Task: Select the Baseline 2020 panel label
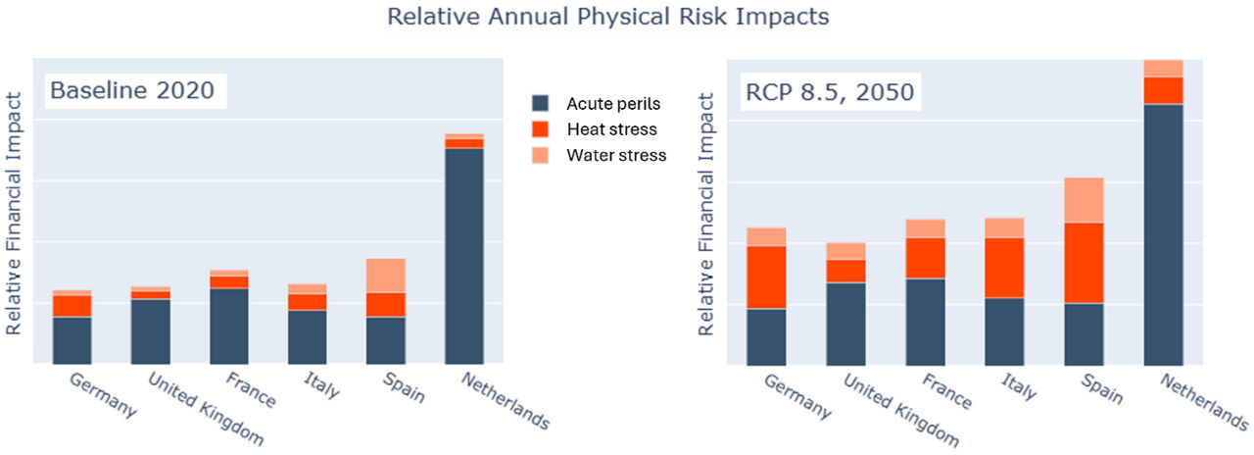[137, 92]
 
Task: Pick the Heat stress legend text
[611, 129]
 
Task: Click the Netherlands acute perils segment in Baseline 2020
[463, 255]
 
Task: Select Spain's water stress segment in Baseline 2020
[385, 276]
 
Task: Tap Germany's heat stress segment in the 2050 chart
[766, 278]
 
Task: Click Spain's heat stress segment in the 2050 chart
[1084, 263]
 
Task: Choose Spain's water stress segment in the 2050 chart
[1084, 200]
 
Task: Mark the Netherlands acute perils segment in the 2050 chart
[1163, 233]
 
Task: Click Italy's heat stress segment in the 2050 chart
[1004, 268]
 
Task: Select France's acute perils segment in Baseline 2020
[228, 326]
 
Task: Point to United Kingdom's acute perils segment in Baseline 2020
[150, 330]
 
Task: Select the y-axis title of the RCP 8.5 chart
[706, 215]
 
